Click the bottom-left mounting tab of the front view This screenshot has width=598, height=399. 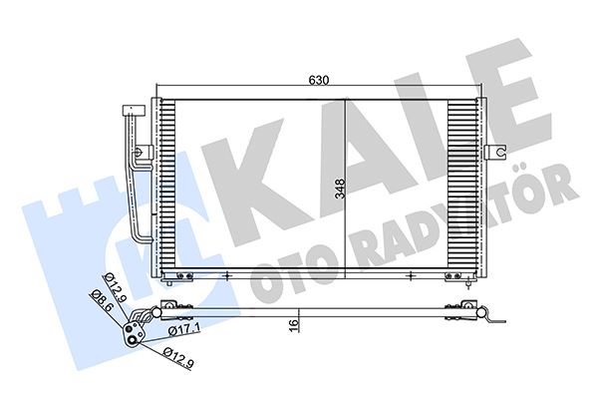tap(179, 276)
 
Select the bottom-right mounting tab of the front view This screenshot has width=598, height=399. tap(455, 276)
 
